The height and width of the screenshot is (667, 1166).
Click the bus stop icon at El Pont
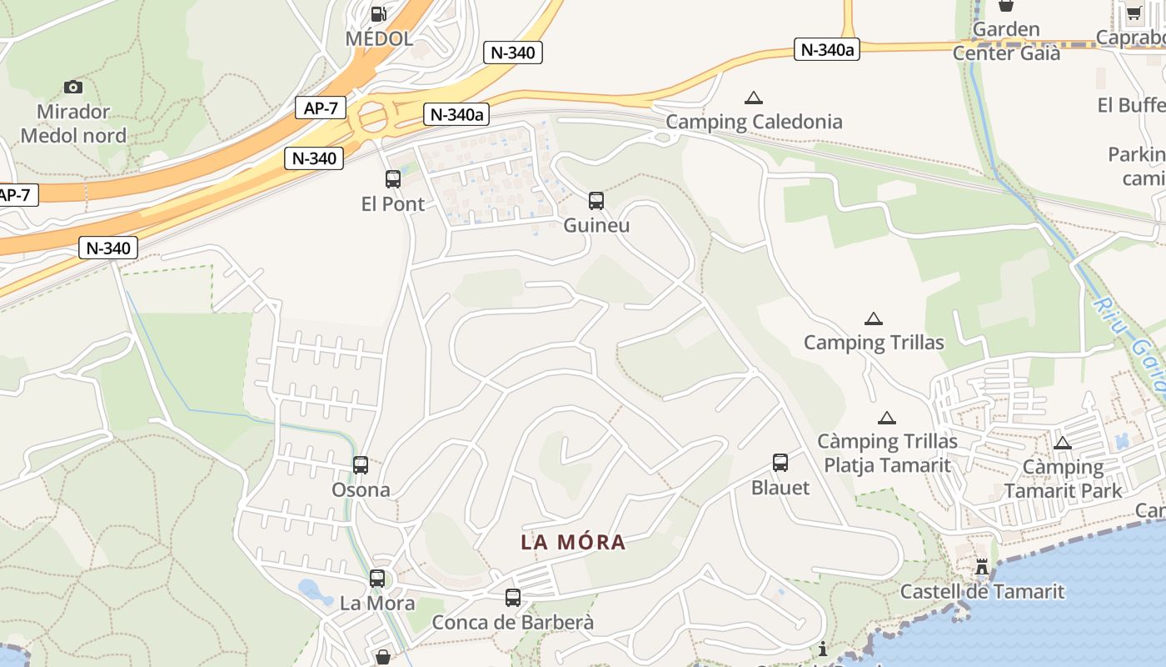[393, 178]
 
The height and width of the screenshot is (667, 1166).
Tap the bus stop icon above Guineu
[596, 200]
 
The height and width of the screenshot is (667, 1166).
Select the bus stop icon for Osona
[361, 465]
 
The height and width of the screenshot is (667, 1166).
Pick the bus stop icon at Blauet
[780, 463]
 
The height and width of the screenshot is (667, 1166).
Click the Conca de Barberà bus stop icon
[513, 598]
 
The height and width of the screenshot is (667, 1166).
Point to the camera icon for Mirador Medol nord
[73, 87]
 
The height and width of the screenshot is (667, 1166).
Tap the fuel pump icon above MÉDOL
[378, 13]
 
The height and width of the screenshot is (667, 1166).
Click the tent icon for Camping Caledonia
[754, 98]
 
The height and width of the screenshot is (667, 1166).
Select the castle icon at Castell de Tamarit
[982, 568]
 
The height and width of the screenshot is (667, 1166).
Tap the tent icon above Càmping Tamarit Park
[1062, 443]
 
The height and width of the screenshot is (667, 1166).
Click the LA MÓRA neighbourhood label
[573, 542]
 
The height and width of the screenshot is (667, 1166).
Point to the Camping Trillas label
[874, 343]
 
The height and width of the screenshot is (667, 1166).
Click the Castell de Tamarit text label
[982, 592]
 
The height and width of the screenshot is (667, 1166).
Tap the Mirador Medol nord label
[73, 123]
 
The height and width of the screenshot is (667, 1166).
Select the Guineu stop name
[596, 225]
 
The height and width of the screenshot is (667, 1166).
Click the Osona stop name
[361, 489]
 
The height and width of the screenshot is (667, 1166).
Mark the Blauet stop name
[780, 488]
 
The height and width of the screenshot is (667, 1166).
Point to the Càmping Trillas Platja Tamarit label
[887, 453]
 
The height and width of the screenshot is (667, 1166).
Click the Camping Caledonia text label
[754, 122]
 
